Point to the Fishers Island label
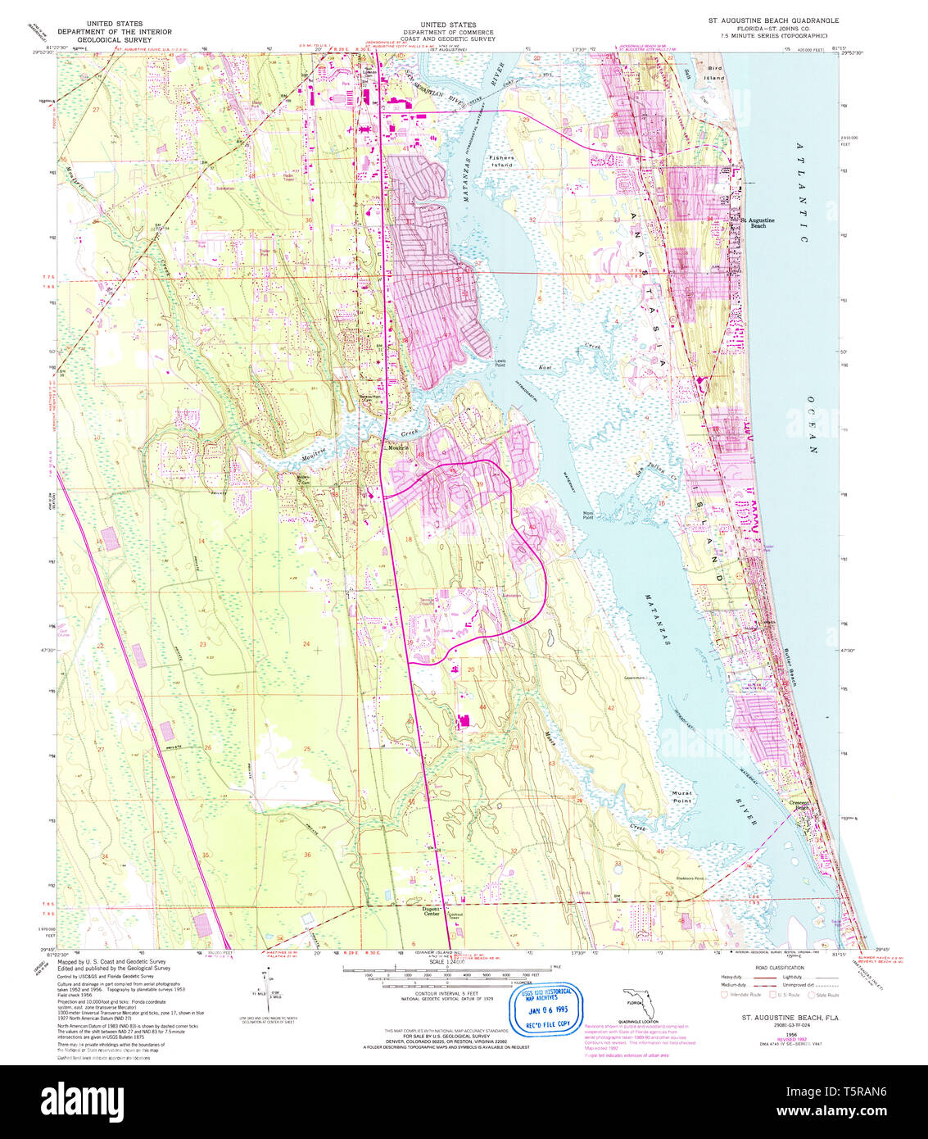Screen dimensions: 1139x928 501,161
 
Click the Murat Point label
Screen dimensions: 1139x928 681,796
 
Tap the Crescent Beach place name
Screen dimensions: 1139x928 799,805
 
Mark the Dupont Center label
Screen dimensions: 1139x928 431,910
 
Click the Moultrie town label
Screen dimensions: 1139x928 398,447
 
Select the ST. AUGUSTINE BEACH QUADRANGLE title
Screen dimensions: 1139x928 774,20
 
